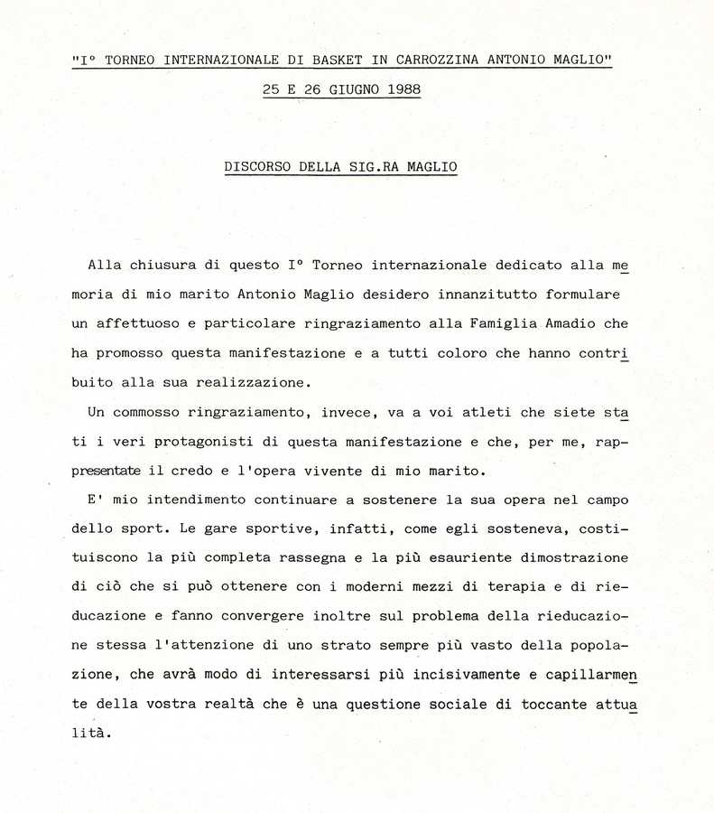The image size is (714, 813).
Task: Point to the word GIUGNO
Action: [348, 89]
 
